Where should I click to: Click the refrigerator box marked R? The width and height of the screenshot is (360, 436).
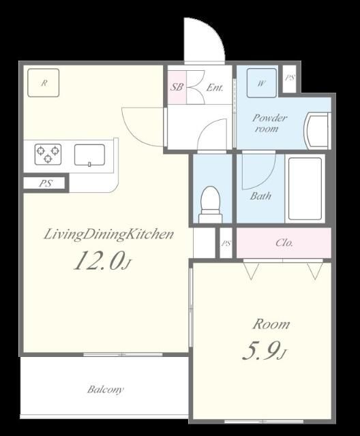coord(44,82)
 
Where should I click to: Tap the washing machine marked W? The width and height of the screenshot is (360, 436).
coord(262,83)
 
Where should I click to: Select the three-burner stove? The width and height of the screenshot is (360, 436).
coord(48,154)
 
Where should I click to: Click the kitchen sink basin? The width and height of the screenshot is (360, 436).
coord(89,155)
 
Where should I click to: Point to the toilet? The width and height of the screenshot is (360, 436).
coord(211,204)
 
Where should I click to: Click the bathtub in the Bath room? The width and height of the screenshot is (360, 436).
coord(305,189)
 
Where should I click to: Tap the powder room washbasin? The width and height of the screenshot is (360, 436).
coord(317,131)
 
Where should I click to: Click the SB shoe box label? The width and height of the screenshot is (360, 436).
coord(177,87)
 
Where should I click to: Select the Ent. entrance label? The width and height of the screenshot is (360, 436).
coord(215,88)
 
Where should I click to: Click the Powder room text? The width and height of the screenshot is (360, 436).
coord(269,123)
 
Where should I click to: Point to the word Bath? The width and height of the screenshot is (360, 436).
coord(260,196)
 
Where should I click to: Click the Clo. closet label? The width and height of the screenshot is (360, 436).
coord(284,243)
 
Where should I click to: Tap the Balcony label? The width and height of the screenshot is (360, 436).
coord(106,389)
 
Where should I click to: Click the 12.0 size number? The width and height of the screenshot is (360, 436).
coord(98,260)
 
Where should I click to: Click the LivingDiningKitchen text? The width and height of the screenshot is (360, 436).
coord(109,234)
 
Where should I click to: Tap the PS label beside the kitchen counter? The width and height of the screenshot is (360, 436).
coord(46,183)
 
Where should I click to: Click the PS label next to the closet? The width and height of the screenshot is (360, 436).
coord(226,244)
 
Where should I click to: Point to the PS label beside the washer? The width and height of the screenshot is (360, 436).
coord(290,78)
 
